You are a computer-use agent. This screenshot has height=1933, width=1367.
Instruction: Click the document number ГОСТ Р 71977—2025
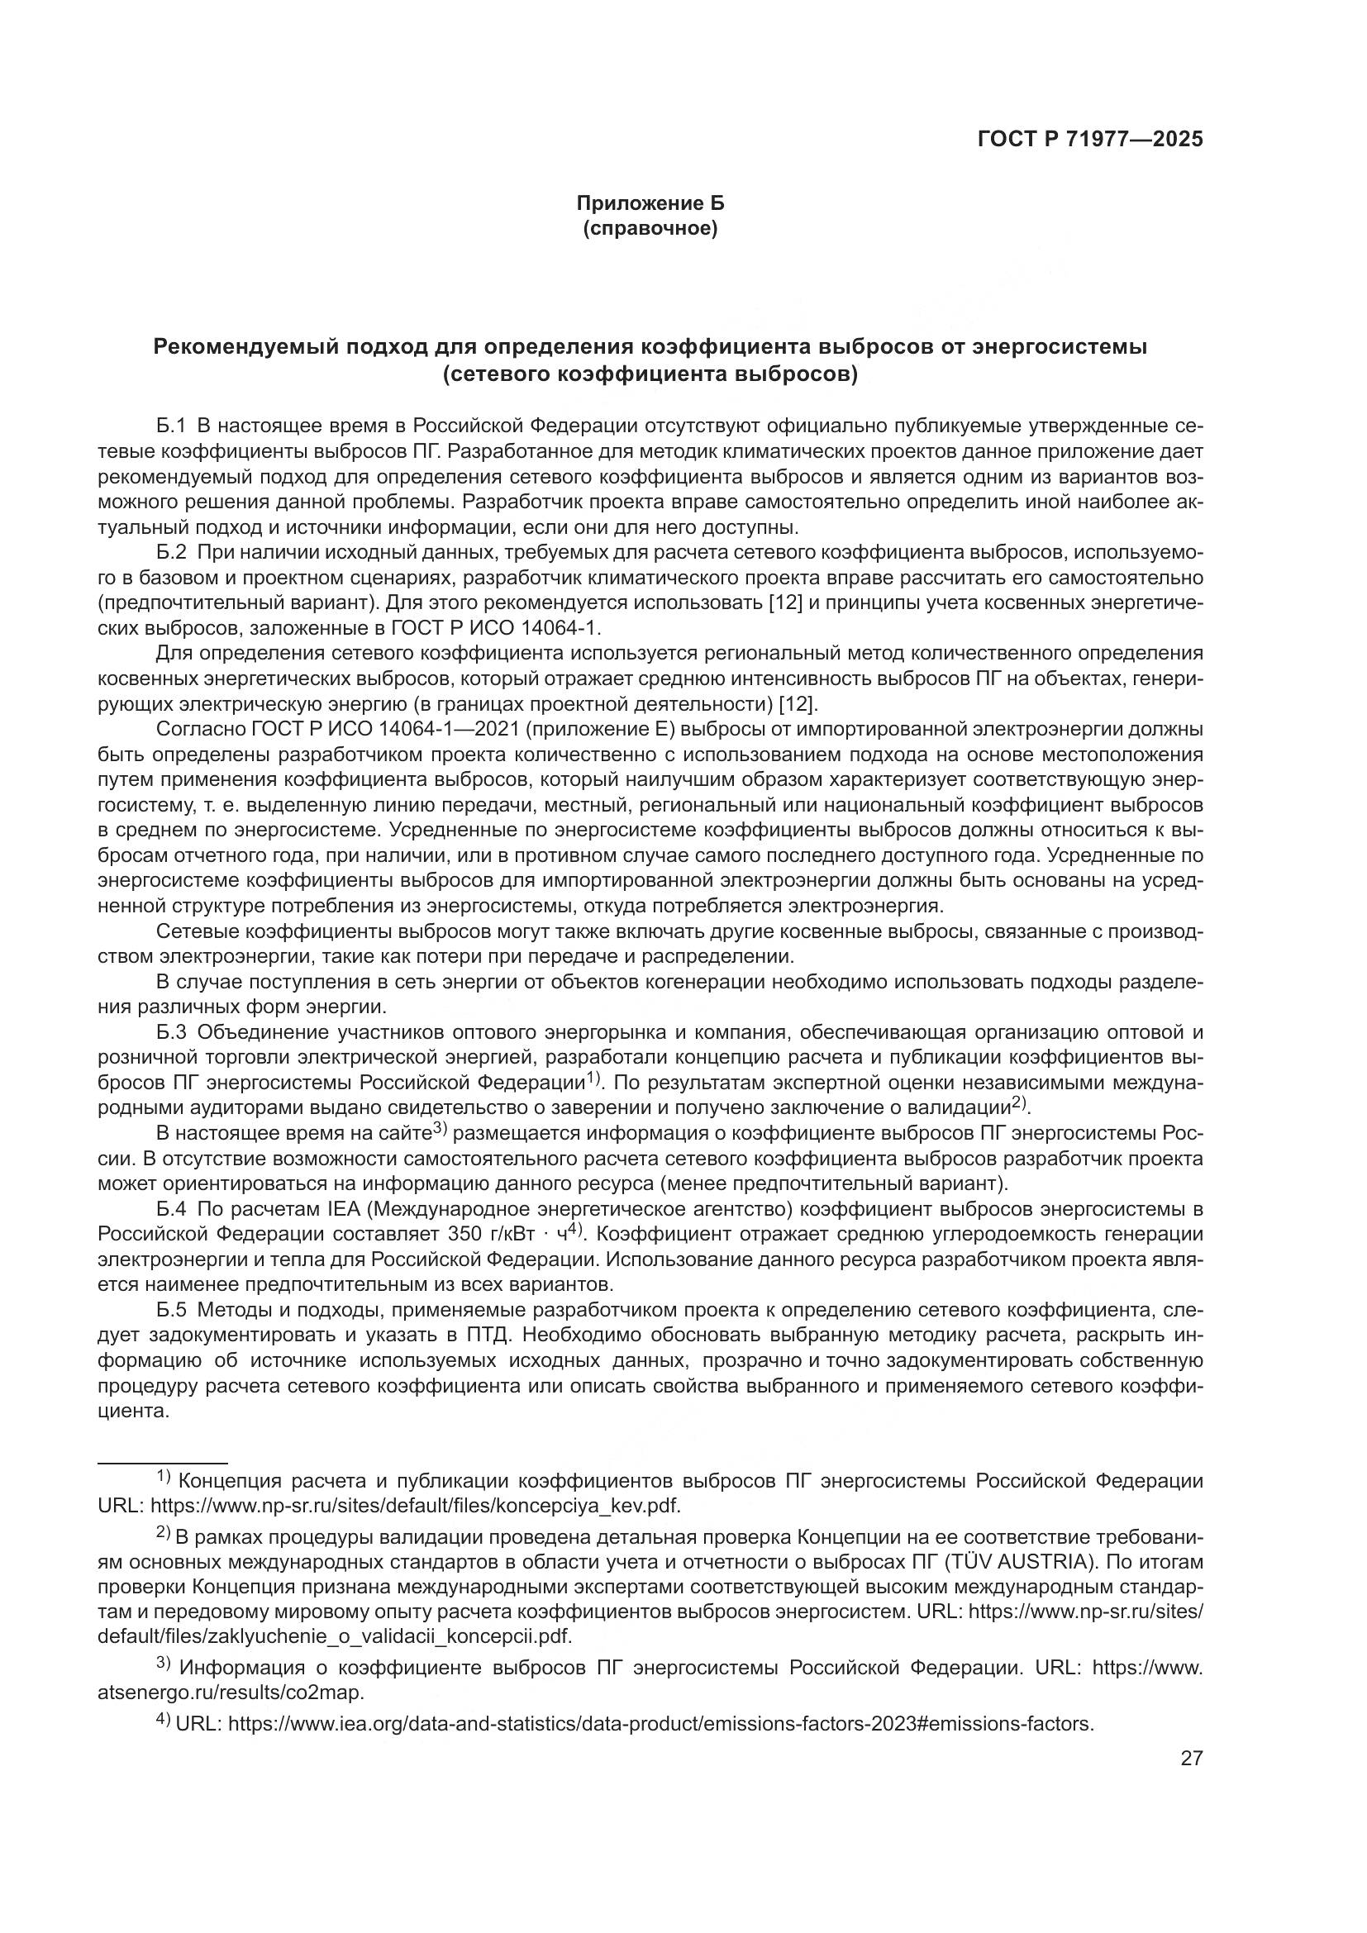[x=1090, y=139]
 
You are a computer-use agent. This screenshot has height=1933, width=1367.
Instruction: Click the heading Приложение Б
[x=650, y=203]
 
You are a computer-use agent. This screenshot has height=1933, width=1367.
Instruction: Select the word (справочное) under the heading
[x=650, y=228]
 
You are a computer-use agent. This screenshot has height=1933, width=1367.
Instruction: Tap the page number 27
[x=1191, y=1759]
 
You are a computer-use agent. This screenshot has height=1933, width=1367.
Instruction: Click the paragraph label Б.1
[x=170, y=426]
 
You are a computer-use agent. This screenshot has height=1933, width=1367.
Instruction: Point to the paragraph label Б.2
[x=170, y=553]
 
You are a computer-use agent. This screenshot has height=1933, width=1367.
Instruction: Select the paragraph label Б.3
[x=170, y=1032]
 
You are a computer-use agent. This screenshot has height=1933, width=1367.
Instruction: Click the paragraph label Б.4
[x=170, y=1210]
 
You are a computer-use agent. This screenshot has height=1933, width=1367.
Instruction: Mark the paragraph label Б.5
[x=170, y=1311]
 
